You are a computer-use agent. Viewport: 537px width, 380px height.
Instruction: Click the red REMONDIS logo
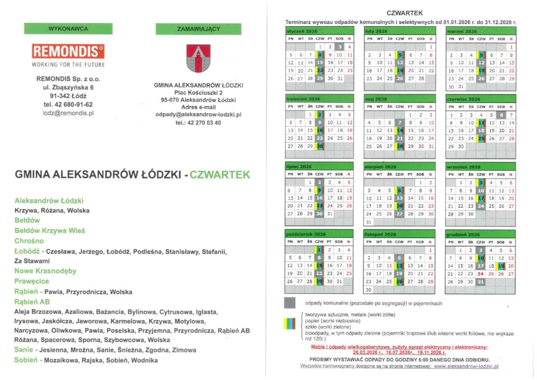click(x=68, y=51)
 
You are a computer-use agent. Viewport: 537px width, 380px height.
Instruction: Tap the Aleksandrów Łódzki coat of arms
click(x=198, y=58)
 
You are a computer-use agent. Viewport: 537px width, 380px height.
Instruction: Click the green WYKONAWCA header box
click(x=68, y=28)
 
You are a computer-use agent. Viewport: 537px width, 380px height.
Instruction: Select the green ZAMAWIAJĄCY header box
click(x=198, y=29)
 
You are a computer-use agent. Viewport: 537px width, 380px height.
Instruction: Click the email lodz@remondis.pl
click(x=68, y=113)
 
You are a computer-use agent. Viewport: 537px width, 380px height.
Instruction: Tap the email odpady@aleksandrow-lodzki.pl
click(x=198, y=114)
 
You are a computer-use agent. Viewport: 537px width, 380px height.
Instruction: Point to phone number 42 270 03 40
click(x=198, y=123)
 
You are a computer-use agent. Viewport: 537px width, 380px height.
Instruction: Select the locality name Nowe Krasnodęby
click(x=46, y=271)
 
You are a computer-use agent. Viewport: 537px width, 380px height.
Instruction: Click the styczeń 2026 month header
click(x=298, y=31)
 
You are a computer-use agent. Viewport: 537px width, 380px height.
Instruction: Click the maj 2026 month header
click(x=376, y=99)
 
